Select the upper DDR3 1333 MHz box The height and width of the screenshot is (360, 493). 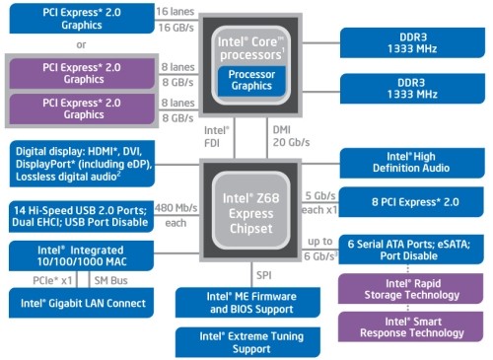coord(411,41)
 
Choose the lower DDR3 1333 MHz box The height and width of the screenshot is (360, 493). coord(411,89)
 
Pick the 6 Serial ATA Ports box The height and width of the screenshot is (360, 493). coord(411,252)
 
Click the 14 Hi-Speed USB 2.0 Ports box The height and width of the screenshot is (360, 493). coord(78,214)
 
